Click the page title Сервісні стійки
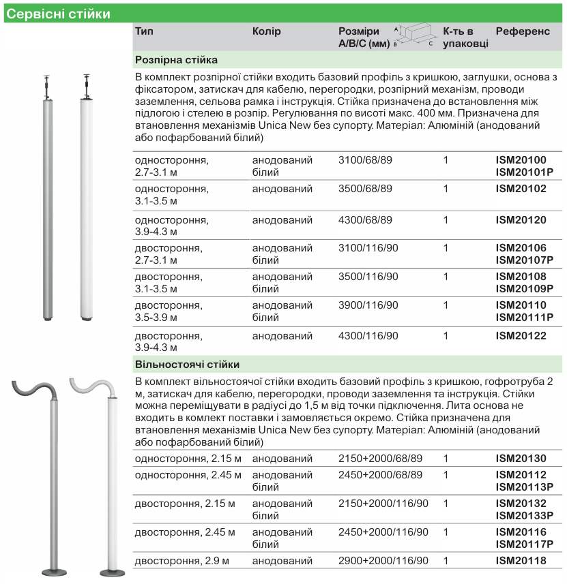58,14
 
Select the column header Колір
267,31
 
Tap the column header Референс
523,31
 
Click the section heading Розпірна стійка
176,60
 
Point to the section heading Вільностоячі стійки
188,365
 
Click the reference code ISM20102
521,189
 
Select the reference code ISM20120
521,220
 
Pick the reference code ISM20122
521,335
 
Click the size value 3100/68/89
366,160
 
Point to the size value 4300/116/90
368,335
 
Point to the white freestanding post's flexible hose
91,389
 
